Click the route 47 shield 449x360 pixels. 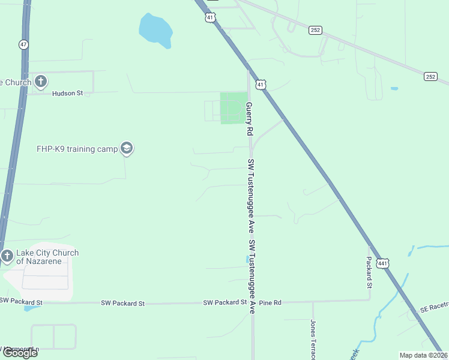(x=23, y=44)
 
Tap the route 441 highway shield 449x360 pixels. (x=383, y=263)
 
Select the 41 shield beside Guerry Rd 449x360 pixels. (x=260, y=85)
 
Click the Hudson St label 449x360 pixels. (x=67, y=94)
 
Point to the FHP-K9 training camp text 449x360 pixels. (x=74, y=148)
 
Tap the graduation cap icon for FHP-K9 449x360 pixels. (x=126, y=148)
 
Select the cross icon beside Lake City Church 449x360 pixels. (x=7, y=256)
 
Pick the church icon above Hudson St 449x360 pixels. (x=40, y=81)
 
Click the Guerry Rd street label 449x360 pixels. (x=249, y=118)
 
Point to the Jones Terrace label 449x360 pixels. (x=313, y=339)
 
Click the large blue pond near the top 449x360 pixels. (x=156, y=29)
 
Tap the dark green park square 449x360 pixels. (x=234, y=108)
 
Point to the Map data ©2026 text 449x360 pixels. (x=423, y=355)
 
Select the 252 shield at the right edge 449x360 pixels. (x=430, y=76)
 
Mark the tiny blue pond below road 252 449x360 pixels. (x=394, y=89)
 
